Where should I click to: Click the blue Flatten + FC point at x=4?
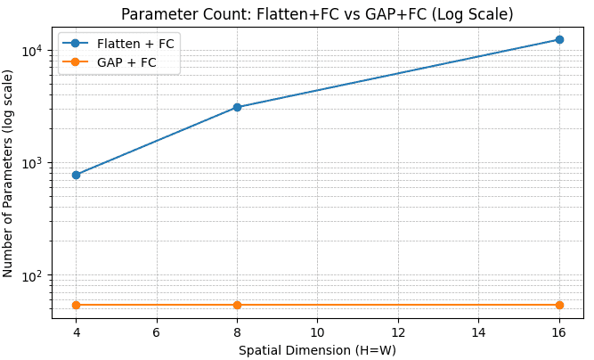76,175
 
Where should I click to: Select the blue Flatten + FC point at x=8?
237,107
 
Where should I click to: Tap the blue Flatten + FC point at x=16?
559,39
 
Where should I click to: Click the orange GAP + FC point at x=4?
76,305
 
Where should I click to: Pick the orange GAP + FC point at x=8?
237,305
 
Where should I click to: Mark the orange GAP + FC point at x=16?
559,305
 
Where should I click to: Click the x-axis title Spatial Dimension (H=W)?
317,350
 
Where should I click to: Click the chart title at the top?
317,14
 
